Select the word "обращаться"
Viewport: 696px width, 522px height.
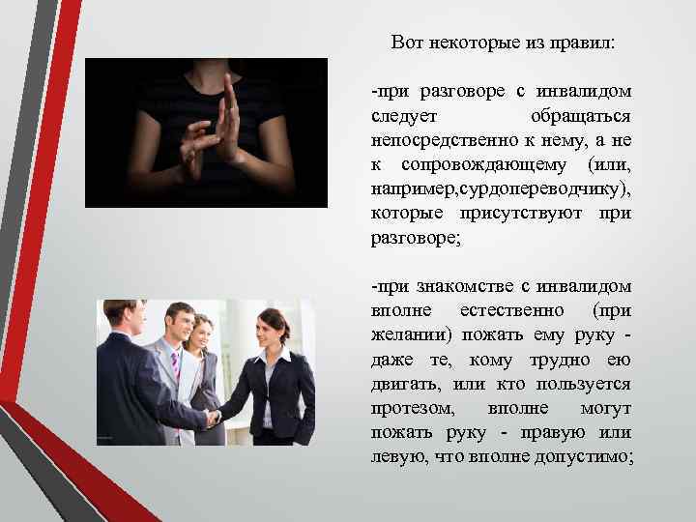(581, 116)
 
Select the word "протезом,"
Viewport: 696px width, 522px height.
(406, 407)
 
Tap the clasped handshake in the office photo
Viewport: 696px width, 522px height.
(210, 418)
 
